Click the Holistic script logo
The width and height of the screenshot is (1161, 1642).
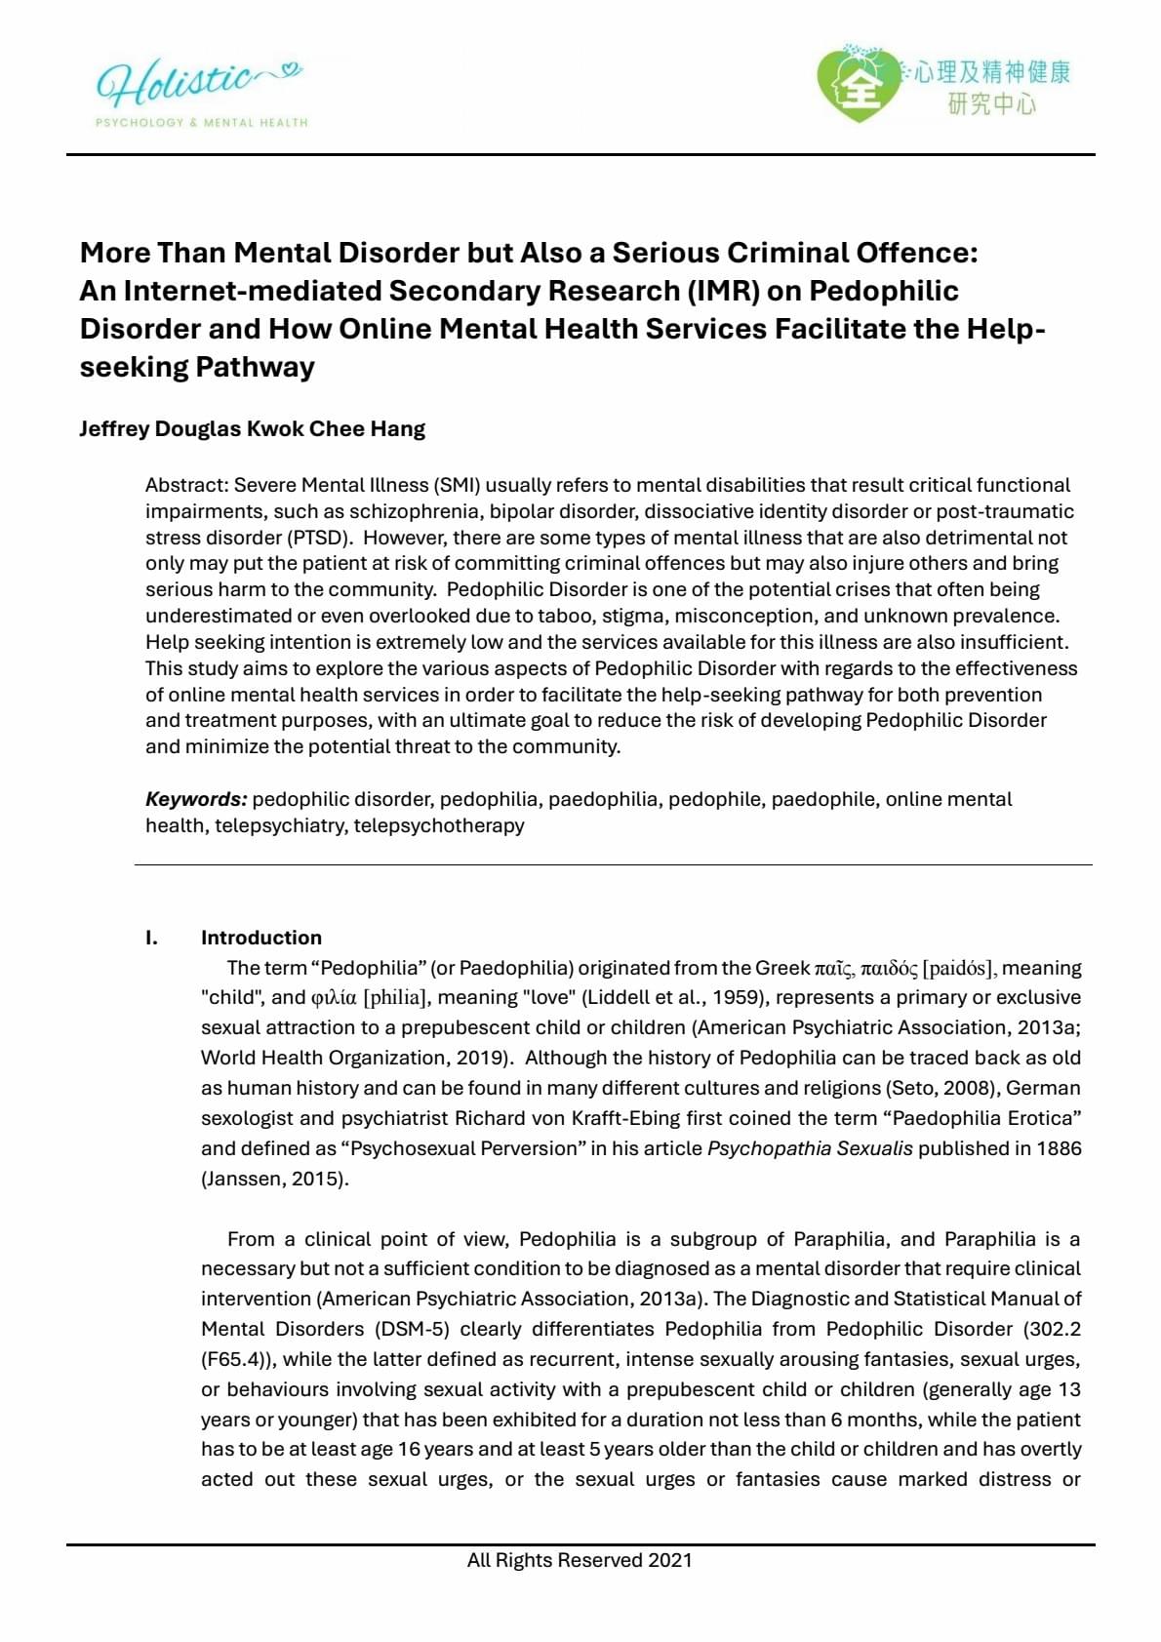click(195, 83)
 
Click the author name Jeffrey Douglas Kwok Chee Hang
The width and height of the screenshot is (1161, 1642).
click(252, 429)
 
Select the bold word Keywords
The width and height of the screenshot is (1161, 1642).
click(196, 799)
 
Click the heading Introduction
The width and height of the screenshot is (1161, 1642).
click(260, 938)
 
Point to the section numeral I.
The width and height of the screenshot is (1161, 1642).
click(151, 938)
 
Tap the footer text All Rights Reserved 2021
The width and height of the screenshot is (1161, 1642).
click(580, 1560)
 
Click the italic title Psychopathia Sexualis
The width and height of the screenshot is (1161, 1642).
click(810, 1148)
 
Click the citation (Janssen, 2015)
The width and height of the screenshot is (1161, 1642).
click(275, 1179)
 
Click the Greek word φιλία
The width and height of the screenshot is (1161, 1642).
click(334, 998)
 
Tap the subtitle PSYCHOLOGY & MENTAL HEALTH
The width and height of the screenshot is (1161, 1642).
click(201, 123)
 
